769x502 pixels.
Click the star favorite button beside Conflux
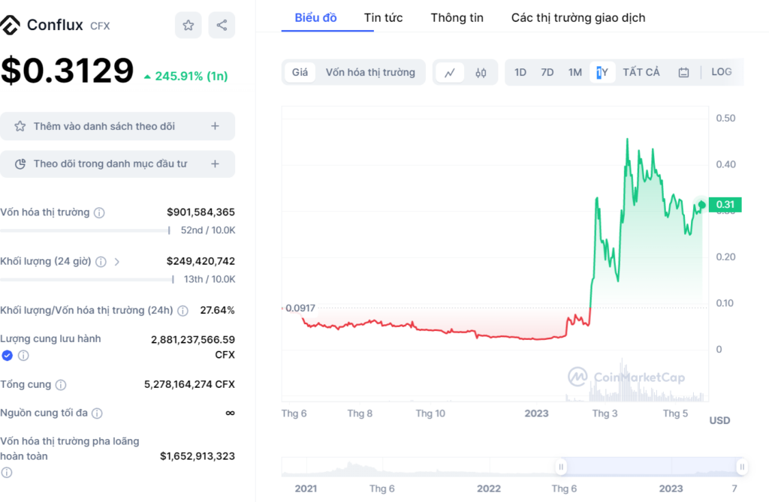[188, 26]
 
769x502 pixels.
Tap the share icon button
[222, 26]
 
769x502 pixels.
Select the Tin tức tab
[383, 17]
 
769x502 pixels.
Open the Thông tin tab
[457, 17]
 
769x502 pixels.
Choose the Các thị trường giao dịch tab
[578, 17]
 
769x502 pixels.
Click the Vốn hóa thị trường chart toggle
[370, 72]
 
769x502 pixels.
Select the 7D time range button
[547, 72]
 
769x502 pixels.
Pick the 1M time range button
[574, 72]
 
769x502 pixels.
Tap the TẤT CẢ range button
[641, 72]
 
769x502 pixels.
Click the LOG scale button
[721, 72]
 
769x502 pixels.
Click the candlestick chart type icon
[481, 73]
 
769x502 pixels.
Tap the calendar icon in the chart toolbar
[683, 73]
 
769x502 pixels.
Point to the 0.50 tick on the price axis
[725, 118]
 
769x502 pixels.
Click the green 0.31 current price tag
[725, 204]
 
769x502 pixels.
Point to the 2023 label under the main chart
[536, 413]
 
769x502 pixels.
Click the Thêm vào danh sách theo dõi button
[117, 126]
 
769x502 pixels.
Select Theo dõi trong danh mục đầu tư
[117, 164]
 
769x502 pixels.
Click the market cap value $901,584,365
[201, 212]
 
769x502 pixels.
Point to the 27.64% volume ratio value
[217, 310]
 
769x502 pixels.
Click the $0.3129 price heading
[67, 71]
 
